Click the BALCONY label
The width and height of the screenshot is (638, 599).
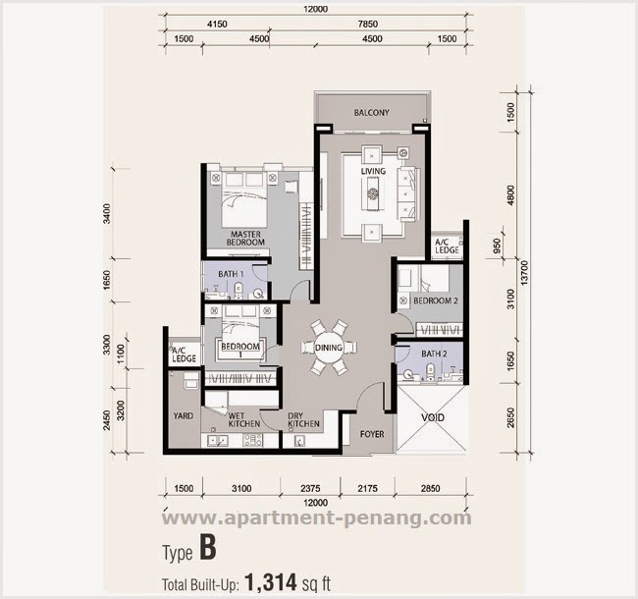click(x=371, y=113)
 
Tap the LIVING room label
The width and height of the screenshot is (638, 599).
click(x=373, y=173)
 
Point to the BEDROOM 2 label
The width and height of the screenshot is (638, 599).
click(x=435, y=301)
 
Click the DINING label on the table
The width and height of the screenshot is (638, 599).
click(x=328, y=346)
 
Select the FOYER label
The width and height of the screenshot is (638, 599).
click(x=372, y=433)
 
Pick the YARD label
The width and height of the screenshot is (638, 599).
click(x=183, y=415)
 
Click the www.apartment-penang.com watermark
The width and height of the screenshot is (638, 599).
click(x=316, y=518)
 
